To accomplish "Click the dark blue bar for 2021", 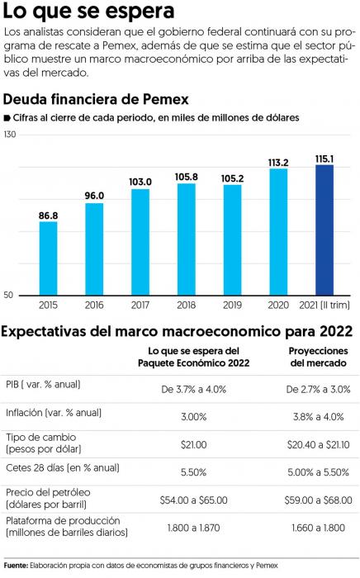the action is [324, 230].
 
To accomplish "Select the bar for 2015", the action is [48, 258].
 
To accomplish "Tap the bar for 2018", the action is [187, 239].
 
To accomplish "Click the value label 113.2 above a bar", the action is [278, 163].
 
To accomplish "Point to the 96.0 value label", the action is [94, 196].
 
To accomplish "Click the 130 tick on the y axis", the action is [10, 135].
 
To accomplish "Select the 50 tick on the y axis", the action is [8, 295].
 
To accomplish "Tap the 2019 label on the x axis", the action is [233, 305].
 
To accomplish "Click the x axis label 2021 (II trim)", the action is [324, 305].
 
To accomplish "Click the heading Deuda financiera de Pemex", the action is [96, 99].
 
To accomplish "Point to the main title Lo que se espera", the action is [88, 11].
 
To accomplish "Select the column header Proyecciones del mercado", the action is [319, 357].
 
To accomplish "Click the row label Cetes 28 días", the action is [63, 468].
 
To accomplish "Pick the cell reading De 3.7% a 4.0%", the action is [194, 389].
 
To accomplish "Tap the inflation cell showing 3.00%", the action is [194, 417].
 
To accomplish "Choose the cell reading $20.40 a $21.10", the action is [319, 444].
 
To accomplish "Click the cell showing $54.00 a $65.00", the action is [194, 500].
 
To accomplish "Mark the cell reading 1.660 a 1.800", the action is [319, 528].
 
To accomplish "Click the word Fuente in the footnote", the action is [16, 566].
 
